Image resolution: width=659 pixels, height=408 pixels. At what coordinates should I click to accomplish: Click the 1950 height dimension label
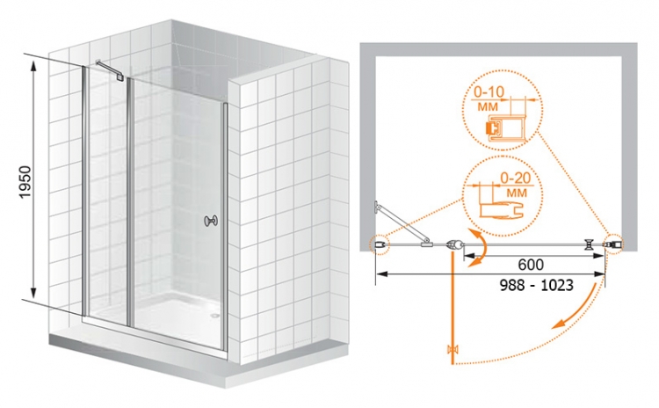[25, 182]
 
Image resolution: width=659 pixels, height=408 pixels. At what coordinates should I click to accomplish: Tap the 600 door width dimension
[531, 265]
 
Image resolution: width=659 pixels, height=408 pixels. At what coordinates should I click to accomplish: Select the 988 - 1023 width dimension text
[536, 285]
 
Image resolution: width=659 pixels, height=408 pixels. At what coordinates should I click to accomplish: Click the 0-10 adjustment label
[489, 91]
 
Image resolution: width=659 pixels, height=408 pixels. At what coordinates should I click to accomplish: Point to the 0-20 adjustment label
[515, 178]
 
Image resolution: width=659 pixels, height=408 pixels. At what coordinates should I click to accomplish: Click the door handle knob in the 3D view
[211, 221]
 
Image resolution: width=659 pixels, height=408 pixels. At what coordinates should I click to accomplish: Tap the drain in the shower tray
[216, 314]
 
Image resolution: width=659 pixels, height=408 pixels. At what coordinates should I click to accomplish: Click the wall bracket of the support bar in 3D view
[121, 77]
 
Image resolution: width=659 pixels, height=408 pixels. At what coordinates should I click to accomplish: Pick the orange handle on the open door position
[453, 349]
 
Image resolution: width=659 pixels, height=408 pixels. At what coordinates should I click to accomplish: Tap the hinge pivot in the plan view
[453, 244]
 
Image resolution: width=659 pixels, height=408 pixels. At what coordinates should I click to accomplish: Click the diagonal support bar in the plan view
[402, 222]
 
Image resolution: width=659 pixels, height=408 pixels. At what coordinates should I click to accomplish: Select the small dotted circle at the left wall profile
[380, 244]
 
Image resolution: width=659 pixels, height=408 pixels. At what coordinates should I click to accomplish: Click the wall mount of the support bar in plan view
[378, 206]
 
